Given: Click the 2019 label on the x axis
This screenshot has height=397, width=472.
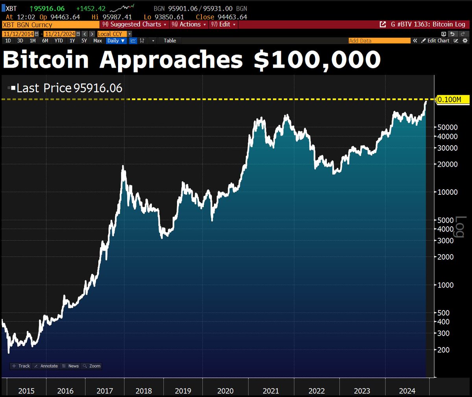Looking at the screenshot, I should [183, 391].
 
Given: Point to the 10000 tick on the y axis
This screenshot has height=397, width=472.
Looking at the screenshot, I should [448, 192].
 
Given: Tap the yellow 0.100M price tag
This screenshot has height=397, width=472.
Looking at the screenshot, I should [452, 100].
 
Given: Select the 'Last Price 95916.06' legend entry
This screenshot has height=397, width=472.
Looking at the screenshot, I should [69, 88].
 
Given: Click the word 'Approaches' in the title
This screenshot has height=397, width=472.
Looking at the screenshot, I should [171, 60].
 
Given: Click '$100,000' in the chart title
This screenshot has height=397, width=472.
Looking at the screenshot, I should [317, 60].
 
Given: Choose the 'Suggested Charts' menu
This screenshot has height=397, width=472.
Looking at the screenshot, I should [135, 24].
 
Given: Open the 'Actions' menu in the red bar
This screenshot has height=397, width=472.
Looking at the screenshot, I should [189, 24].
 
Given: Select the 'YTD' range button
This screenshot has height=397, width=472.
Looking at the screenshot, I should [59, 41].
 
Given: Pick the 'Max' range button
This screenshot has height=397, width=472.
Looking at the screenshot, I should [98, 41].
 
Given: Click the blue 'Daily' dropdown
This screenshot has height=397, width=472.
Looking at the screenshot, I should [116, 41].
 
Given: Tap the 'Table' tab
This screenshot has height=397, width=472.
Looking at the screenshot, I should [170, 41].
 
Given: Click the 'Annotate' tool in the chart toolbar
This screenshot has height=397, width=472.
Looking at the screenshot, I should [46, 366].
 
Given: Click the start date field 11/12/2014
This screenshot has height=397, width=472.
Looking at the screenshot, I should [18, 34].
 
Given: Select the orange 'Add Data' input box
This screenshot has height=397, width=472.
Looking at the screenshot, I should [379, 41].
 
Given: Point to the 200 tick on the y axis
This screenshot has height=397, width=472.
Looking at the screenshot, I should [443, 350].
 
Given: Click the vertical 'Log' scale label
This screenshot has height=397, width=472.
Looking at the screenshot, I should [460, 227].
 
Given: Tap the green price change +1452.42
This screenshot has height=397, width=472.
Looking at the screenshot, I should [91, 8].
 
